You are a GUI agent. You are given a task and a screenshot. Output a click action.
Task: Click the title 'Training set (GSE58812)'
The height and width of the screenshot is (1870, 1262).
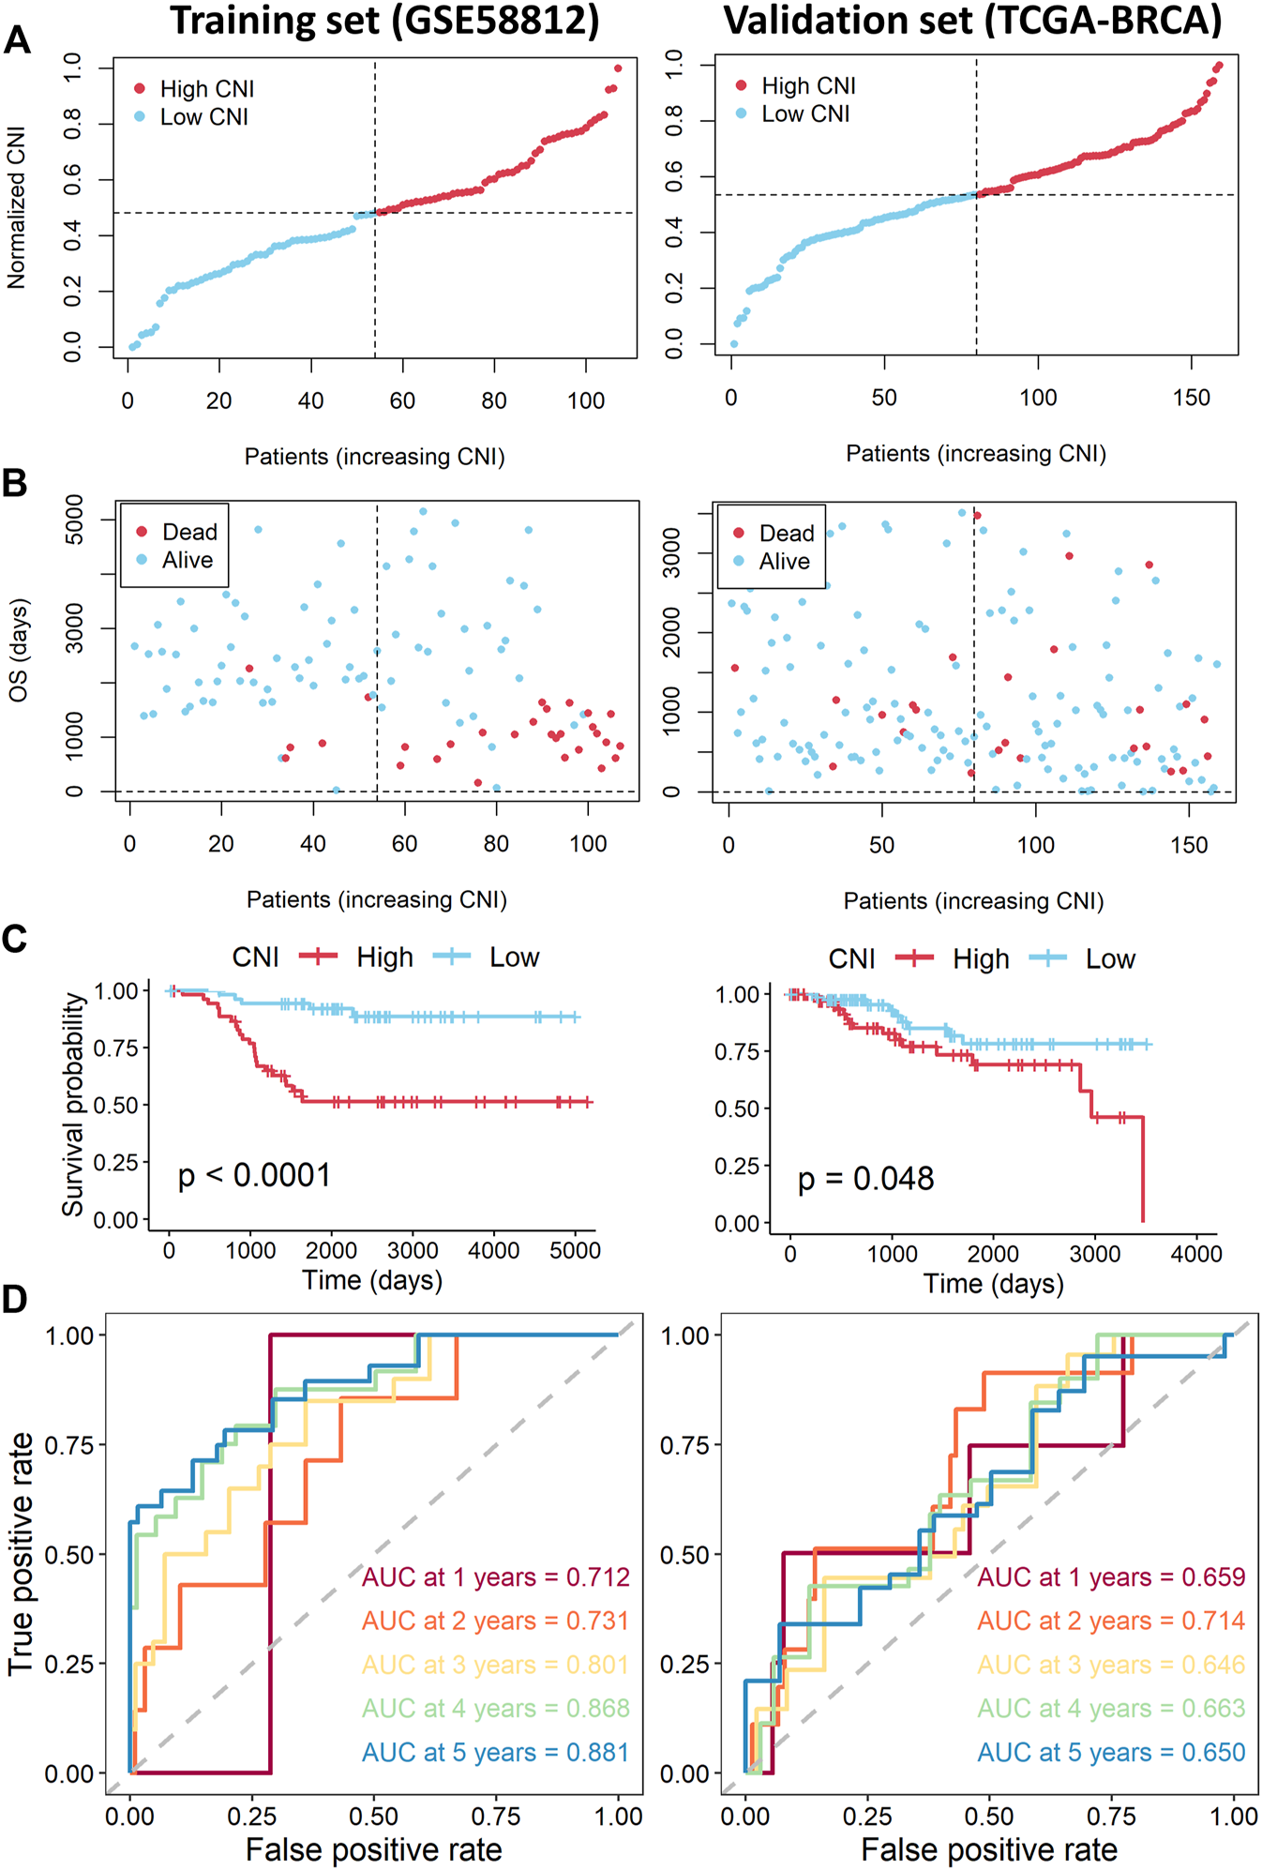pyautogui.click(x=384, y=21)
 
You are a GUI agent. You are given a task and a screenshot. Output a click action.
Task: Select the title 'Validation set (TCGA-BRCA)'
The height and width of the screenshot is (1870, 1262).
pyautogui.click(x=972, y=21)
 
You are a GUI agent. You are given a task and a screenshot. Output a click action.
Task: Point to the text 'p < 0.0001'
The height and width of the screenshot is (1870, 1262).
pyautogui.click(x=254, y=1175)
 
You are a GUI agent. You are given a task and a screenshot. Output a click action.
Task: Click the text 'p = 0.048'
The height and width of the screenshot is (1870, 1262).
pyautogui.click(x=865, y=1179)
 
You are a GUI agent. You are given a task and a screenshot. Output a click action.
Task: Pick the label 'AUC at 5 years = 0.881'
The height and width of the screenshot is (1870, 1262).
pyautogui.click(x=495, y=1752)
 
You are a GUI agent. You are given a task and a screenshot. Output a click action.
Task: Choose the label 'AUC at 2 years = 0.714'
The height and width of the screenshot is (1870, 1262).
pyautogui.click(x=1111, y=1621)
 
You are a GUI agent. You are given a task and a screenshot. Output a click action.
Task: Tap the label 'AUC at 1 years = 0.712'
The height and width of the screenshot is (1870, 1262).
pyautogui.click(x=495, y=1577)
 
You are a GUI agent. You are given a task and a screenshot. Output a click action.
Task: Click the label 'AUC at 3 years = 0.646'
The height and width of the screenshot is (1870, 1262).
pyautogui.click(x=1111, y=1665)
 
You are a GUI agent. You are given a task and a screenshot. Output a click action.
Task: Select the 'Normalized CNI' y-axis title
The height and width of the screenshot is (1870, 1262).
pyautogui.click(x=16, y=208)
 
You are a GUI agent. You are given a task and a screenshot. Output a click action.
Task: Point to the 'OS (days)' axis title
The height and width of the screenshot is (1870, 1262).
pyautogui.click(x=18, y=650)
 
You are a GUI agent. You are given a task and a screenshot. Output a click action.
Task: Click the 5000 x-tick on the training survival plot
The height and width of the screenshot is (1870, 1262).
pyautogui.click(x=575, y=1251)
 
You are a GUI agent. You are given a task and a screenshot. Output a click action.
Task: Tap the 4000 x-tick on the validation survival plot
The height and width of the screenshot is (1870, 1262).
pyautogui.click(x=1196, y=1254)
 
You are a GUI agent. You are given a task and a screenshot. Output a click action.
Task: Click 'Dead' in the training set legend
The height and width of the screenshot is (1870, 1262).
pyautogui.click(x=188, y=532)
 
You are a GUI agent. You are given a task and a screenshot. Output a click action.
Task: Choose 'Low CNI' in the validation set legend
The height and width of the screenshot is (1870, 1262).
pyautogui.click(x=805, y=113)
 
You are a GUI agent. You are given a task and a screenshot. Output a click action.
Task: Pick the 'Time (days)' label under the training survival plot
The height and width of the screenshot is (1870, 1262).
pyautogui.click(x=372, y=1280)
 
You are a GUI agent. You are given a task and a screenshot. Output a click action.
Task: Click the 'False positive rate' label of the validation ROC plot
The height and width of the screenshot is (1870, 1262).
pyautogui.click(x=989, y=1849)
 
